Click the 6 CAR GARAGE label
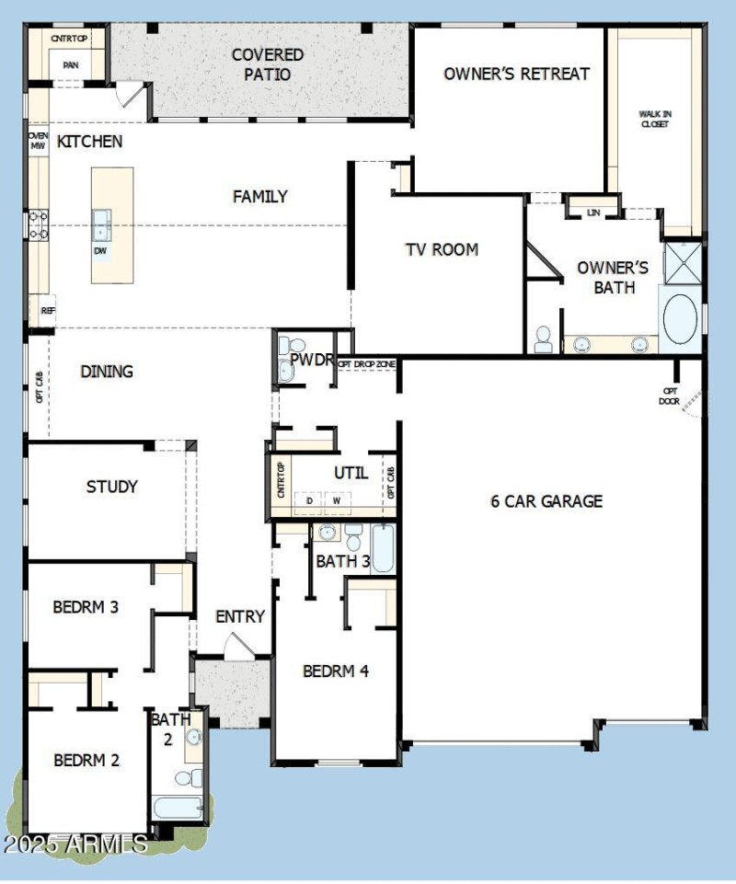(546, 501)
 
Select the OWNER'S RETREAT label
(516, 74)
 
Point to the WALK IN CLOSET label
(655, 119)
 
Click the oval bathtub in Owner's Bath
(680, 318)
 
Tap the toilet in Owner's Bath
(543, 339)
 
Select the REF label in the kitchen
(48, 312)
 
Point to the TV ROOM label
(442, 249)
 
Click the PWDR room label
(310, 359)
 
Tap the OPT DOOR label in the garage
(670, 396)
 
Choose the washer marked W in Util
(337, 500)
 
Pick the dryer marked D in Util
(309, 500)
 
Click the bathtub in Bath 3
(383, 548)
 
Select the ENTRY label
(240, 616)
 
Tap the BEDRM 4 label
(336, 672)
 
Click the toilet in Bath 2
(185, 778)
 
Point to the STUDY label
(111, 487)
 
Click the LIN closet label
(593, 212)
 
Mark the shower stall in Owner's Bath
(682, 261)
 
